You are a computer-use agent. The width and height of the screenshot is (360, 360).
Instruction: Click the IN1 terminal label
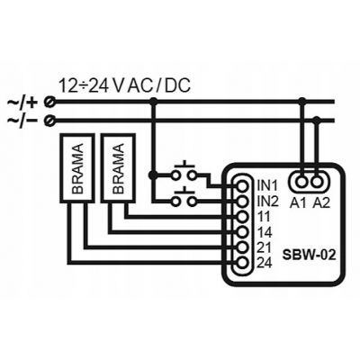point(267,185)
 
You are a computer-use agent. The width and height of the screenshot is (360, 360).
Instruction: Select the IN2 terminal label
point(268,202)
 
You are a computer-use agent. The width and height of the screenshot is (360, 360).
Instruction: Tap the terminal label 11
point(264,217)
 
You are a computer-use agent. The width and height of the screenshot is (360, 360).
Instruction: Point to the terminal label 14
point(265,232)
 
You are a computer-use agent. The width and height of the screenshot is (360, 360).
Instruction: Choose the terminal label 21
point(265,247)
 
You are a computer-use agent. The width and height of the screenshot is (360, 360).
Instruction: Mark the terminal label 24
point(265,263)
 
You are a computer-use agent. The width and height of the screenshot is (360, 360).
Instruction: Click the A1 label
point(298,203)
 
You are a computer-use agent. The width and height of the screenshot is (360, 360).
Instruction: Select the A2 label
point(321,203)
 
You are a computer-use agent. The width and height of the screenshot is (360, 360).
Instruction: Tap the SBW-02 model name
point(309,256)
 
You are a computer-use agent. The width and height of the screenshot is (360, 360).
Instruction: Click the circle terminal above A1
point(301,181)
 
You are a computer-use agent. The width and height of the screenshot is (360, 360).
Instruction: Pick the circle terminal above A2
point(316,181)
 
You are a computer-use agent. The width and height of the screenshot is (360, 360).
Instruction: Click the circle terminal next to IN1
point(242,186)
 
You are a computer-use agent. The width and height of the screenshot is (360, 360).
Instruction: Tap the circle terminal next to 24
point(242,263)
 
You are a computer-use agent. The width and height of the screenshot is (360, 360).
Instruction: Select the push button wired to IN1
point(184,171)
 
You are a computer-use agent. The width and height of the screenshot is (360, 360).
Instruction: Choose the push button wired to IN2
point(184,197)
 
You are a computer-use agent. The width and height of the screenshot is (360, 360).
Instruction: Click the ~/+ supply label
point(22,103)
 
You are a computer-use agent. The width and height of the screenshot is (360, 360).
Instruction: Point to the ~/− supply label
point(22,121)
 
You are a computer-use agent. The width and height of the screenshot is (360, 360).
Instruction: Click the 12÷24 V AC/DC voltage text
point(124,85)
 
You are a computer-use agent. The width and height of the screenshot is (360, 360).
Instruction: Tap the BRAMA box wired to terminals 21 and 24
point(77,168)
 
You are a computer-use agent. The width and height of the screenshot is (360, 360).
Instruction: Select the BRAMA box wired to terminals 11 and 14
point(118,168)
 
